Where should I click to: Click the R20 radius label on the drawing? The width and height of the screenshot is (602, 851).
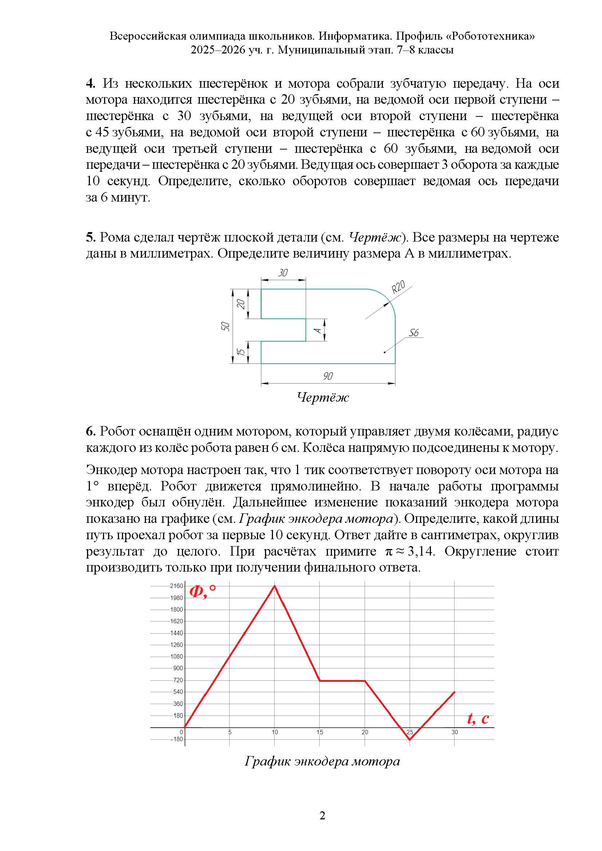pyautogui.click(x=399, y=287)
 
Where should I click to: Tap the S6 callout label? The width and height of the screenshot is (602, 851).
pyautogui.click(x=414, y=333)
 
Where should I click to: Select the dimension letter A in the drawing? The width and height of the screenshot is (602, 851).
pyautogui.click(x=318, y=330)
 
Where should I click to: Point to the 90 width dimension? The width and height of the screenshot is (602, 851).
pyautogui.click(x=328, y=376)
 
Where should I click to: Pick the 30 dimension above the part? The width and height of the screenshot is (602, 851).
pyautogui.click(x=283, y=273)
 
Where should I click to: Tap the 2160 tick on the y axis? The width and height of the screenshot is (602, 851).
pyautogui.click(x=177, y=586)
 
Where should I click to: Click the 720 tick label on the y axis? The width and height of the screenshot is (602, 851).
pyautogui.click(x=178, y=680)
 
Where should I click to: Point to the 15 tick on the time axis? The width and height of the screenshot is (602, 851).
pyautogui.click(x=320, y=732)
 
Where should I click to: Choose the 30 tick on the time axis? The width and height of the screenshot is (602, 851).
pyautogui.click(x=455, y=732)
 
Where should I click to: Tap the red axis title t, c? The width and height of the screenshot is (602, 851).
pyautogui.click(x=478, y=718)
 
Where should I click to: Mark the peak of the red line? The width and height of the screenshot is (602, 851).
pyautogui.click(x=274, y=586)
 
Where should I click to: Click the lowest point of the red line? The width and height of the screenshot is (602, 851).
pyautogui.click(x=410, y=740)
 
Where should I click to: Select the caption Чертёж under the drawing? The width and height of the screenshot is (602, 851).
pyautogui.click(x=322, y=398)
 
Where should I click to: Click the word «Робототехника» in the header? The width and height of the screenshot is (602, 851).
pyautogui.click(x=486, y=36)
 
